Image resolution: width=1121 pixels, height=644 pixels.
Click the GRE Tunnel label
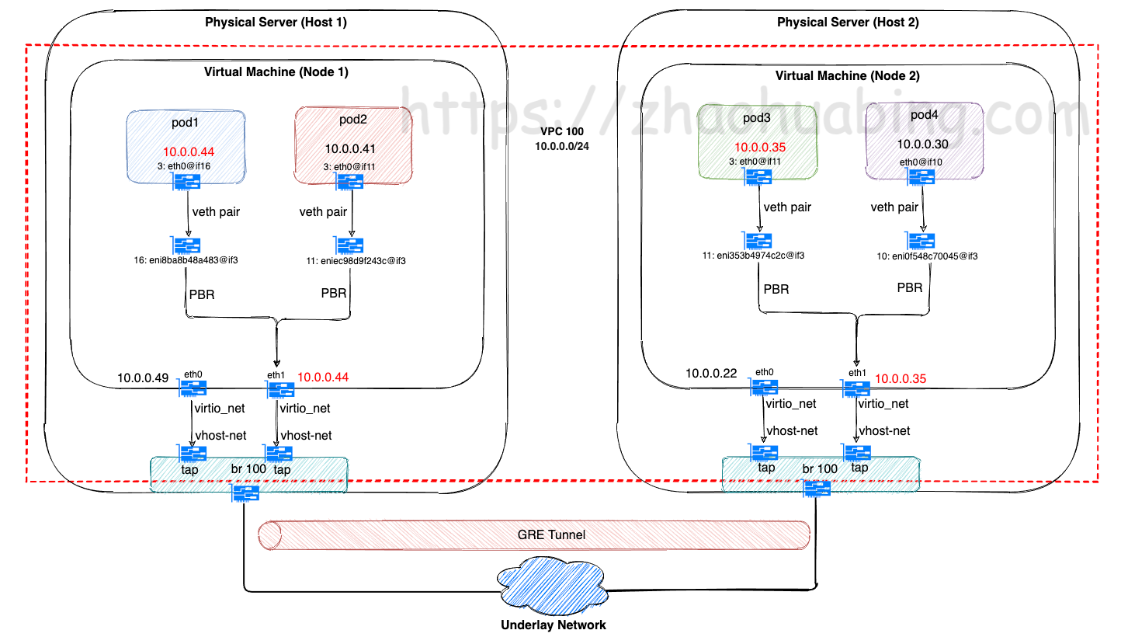point(551,534)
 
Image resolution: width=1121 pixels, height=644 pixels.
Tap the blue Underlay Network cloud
point(553,586)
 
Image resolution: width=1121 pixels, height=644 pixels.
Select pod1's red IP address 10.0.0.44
point(189,151)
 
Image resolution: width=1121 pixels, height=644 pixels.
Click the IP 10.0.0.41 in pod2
point(350,148)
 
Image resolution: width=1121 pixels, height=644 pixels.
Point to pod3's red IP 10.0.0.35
point(760,148)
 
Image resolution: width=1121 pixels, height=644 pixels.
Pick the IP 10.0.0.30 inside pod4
point(922,144)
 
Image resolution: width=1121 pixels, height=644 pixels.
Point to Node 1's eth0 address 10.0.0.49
point(143,378)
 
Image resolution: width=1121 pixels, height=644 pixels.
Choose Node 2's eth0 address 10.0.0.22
point(711,374)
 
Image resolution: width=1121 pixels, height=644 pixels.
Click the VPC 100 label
point(562,132)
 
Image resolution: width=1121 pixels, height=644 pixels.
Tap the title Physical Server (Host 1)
point(276,23)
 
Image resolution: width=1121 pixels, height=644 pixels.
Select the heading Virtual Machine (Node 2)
point(847,75)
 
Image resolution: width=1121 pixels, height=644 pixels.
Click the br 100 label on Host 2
point(820,468)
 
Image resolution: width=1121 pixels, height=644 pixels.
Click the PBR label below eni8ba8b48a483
point(202,294)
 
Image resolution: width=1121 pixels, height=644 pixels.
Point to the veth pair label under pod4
point(894,207)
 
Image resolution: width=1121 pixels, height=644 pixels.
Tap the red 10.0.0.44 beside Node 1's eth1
point(323,377)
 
